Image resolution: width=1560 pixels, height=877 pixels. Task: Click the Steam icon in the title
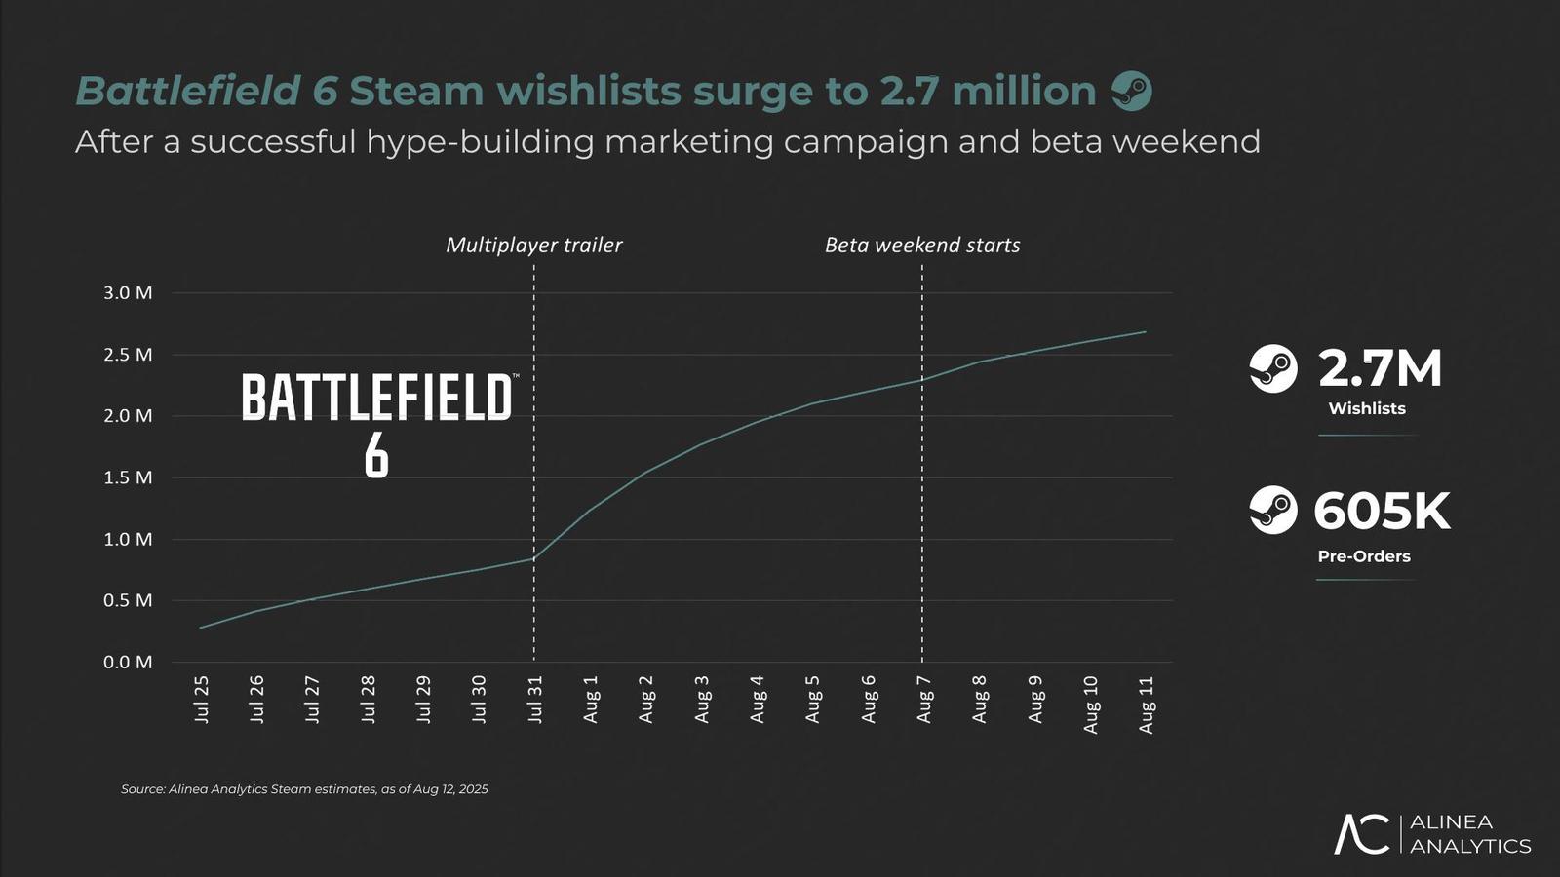point(1132,92)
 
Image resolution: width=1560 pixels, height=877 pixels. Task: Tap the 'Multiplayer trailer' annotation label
point(533,245)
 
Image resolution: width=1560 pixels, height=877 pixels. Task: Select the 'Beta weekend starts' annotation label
point(922,245)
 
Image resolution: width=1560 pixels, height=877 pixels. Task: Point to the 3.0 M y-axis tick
point(128,293)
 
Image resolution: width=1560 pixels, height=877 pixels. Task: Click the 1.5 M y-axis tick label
point(128,477)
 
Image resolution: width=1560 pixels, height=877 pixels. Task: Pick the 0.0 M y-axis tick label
point(128,663)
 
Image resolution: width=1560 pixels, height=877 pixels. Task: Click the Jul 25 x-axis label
point(202,699)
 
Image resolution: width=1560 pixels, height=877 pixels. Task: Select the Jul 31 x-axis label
point(535,699)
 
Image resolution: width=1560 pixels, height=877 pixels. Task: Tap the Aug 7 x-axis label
point(924,699)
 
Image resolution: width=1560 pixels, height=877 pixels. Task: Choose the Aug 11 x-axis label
point(1147,704)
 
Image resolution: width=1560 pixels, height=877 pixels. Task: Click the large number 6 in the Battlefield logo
point(376,455)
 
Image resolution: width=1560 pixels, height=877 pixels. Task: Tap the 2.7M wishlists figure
point(1379,368)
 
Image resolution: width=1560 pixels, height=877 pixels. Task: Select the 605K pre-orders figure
point(1382,512)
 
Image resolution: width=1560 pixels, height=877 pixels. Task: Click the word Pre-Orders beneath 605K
point(1363,556)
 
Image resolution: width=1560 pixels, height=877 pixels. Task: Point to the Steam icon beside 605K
point(1273,510)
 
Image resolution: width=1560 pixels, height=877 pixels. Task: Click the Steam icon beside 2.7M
point(1273,368)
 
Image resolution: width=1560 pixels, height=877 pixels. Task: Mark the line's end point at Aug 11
point(1146,332)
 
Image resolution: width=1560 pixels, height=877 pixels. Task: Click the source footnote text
point(304,789)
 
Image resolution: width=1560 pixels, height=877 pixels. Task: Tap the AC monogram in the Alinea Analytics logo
point(1362,834)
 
